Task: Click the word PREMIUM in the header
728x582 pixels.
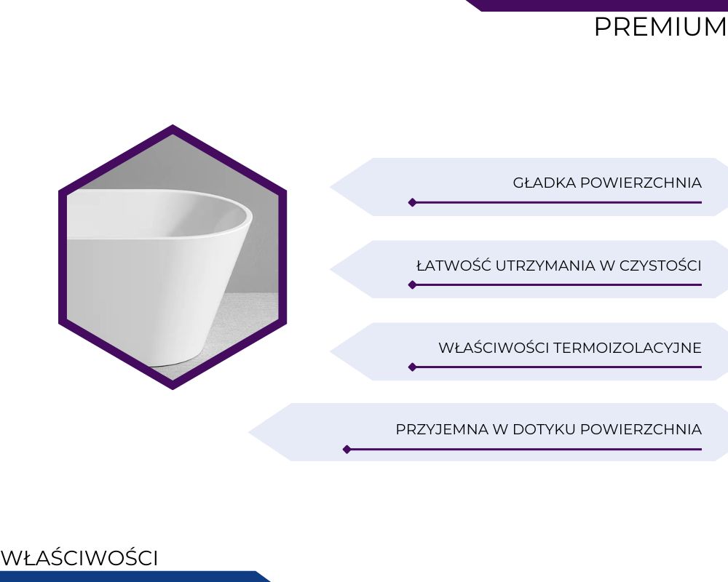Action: tap(661, 27)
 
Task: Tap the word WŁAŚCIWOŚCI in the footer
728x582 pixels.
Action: tap(79, 558)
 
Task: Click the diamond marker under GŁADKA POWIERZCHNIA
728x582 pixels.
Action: tap(412, 202)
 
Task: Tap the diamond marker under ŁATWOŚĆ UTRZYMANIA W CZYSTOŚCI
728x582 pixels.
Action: tap(412, 284)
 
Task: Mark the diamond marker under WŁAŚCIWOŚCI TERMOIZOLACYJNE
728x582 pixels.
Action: tap(412, 367)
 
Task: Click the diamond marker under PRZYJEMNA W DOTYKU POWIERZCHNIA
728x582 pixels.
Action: tap(347, 450)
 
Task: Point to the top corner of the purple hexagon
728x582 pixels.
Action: tap(173, 125)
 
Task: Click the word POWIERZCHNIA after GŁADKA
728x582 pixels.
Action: tap(641, 183)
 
